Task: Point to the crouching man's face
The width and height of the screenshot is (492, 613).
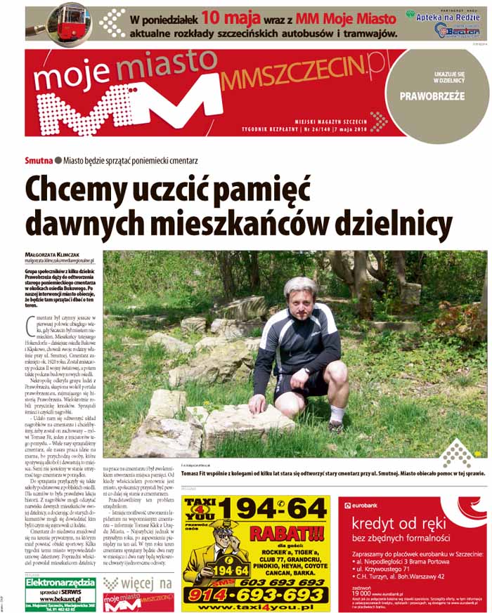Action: (300, 300)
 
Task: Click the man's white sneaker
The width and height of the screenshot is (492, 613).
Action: (336, 426)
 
